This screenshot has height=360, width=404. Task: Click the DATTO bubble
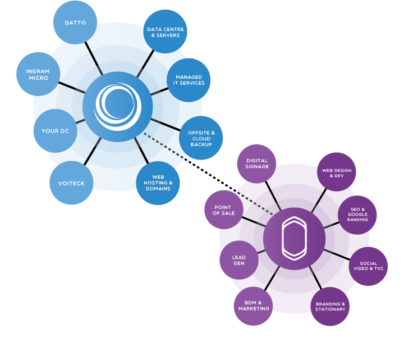click(75, 23)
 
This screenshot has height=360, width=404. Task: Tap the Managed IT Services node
click(189, 80)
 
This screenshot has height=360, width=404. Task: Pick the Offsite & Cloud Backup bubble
click(201, 138)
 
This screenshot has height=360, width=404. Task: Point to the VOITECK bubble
click(71, 183)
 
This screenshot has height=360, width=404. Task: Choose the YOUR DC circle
click(55, 131)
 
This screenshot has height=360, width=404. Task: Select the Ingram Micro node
click(38, 74)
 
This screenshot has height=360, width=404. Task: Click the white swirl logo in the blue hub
click(117, 106)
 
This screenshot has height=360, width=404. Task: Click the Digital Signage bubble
click(257, 163)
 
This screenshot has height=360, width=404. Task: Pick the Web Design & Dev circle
click(336, 172)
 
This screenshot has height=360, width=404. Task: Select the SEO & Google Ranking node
click(357, 215)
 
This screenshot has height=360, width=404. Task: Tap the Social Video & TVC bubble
click(368, 266)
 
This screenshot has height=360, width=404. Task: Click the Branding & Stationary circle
click(330, 306)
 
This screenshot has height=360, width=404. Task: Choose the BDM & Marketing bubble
click(254, 306)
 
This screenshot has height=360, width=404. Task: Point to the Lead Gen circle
click(239, 260)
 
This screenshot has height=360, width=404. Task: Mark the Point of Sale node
click(224, 209)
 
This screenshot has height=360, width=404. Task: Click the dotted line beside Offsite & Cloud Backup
click(164, 145)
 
